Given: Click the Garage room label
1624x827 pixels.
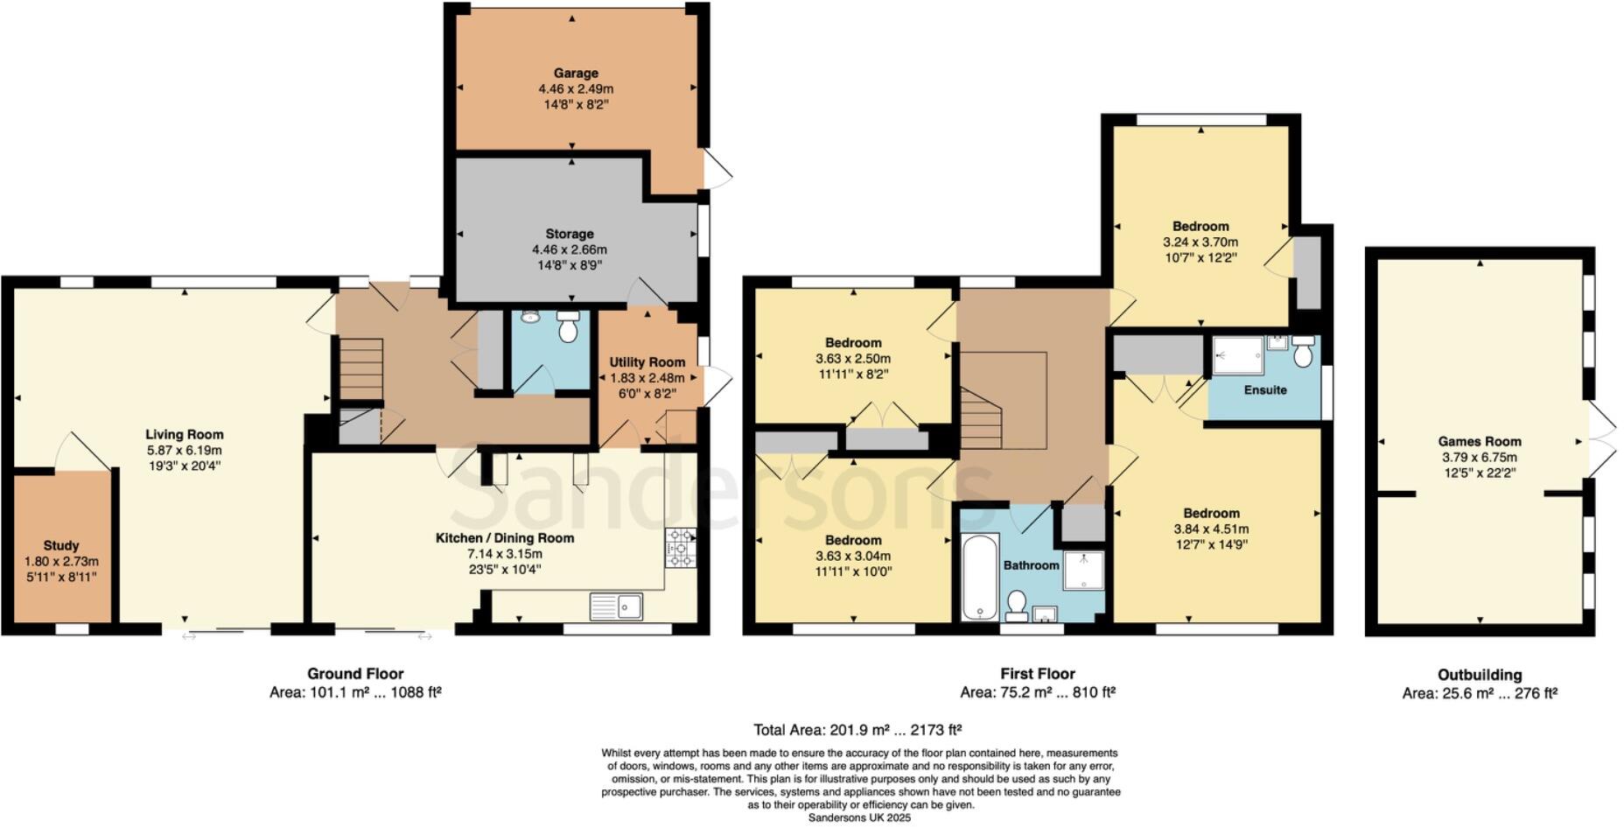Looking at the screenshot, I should pos(575,74).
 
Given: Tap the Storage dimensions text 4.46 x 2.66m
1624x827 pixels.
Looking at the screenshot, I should pos(570,249).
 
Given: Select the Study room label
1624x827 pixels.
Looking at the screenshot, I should pos(61,545).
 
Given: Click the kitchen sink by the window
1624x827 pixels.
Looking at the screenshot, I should pos(616,606).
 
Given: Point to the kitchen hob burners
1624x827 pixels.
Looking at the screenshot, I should pos(680,547).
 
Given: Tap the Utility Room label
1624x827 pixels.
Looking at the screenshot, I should pos(647,362).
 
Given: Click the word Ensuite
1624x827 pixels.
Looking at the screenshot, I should pos(1265,389).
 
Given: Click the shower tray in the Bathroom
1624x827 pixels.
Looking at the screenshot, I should pos(1083,570).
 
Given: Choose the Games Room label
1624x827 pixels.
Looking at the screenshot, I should pos(1480,442).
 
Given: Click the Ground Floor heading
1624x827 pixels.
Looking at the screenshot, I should pos(355,674).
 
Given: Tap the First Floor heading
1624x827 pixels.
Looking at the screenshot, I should pos(1038,674).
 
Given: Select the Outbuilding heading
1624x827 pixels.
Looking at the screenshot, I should pos(1480,675).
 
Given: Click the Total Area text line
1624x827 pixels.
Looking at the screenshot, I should pos(857,730).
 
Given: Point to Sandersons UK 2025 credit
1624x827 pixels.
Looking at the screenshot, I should pos(859,818).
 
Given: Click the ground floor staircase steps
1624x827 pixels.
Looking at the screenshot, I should pos(361,368).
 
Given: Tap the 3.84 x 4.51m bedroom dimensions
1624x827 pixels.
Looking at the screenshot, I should pos(1211,529).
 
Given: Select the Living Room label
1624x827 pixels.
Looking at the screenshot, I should pos(185,435).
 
